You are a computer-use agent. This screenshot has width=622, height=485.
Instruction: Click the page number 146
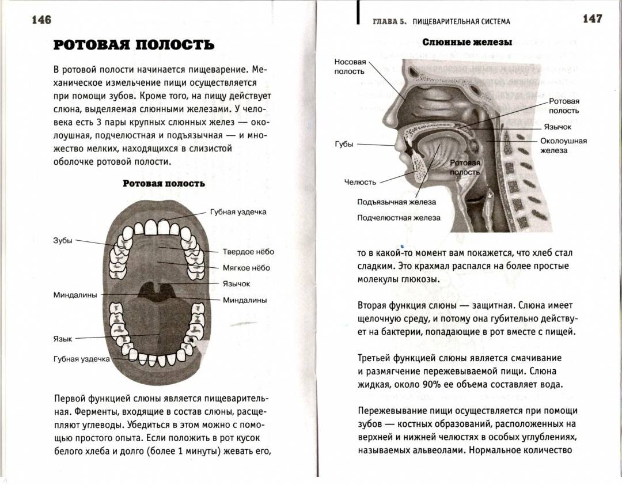[41, 20]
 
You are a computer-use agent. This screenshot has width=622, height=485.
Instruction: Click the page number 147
[592, 18]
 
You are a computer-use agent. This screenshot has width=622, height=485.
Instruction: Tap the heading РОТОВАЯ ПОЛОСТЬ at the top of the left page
[134, 44]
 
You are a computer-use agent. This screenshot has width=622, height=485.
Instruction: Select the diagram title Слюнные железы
[467, 42]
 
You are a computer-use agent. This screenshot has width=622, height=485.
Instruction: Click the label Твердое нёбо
[248, 252]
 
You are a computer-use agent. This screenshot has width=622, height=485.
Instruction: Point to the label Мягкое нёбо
[246, 268]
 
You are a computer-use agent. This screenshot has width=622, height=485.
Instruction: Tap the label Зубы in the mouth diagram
[63, 240]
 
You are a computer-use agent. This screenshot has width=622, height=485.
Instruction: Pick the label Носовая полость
[350, 67]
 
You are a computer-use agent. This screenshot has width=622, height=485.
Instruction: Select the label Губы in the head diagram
[344, 145]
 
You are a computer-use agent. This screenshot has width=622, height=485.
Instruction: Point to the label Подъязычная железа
[396, 202]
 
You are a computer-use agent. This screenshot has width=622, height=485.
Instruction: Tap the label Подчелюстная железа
[399, 218]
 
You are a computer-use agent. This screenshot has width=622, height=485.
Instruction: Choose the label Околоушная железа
[563, 146]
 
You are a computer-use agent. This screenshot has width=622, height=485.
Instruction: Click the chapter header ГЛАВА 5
[390, 22]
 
